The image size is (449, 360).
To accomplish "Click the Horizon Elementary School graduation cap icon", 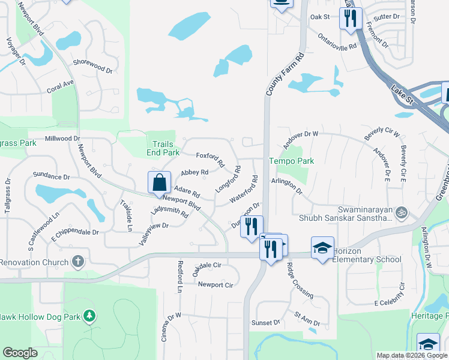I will [x=322, y=248].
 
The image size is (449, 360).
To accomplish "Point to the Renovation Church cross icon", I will [x=77, y=262].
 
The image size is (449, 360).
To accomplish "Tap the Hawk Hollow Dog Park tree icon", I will [x=89, y=316].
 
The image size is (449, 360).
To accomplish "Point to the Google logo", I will [x=20, y=353].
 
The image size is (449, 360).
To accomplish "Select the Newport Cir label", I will [x=215, y=285].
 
